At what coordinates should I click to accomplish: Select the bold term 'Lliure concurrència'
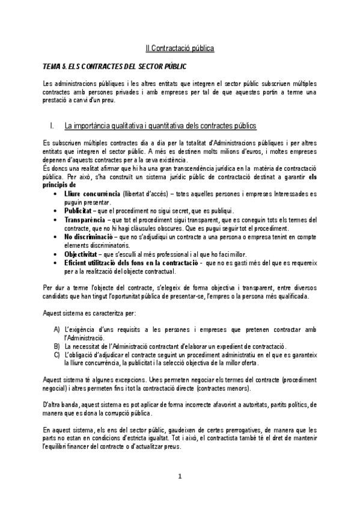pos(91,194)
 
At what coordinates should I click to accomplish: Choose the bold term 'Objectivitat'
pos(84,254)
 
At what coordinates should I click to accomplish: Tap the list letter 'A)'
pos(56,330)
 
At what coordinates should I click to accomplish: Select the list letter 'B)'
pos(56,346)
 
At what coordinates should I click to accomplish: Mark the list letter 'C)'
pos(56,355)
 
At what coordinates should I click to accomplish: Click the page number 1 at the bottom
pos(179,477)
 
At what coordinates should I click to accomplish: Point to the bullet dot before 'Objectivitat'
pos(56,254)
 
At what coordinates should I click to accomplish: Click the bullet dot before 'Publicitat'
pos(56,211)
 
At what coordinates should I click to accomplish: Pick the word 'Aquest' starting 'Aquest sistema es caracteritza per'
pos(53,313)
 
